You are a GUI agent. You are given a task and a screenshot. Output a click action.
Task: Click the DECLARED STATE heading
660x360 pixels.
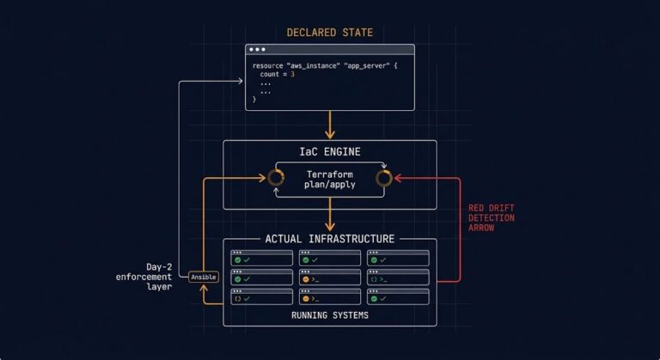[x=329, y=33]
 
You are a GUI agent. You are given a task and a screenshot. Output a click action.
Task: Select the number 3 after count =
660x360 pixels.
[x=292, y=75]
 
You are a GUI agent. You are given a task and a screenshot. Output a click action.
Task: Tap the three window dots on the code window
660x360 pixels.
[x=258, y=50]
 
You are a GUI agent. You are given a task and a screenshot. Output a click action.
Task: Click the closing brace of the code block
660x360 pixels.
[x=254, y=100]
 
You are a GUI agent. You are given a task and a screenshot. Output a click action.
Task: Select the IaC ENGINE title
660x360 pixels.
[x=329, y=152]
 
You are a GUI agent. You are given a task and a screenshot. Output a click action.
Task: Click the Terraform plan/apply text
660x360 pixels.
[x=329, y=179]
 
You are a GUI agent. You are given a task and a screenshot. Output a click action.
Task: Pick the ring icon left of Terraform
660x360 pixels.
[x=276, y=178]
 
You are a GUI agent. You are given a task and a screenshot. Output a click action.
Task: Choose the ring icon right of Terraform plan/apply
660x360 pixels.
[x=384, y=178]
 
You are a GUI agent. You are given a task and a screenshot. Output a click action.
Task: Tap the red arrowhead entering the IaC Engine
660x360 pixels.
[x=400, y=179]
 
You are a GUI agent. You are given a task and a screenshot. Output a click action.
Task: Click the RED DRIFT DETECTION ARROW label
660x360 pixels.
[x=492, y=217]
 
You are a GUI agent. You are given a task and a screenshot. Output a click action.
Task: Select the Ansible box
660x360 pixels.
[x=203, y=277]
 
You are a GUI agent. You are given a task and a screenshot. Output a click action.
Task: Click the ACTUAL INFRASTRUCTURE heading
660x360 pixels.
[x=329, y=239]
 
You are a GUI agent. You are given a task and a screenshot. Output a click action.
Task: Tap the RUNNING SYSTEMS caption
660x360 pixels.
[x=329, y=315]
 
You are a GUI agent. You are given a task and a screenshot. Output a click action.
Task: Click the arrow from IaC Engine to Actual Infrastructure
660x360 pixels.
[x=329, y=220]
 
